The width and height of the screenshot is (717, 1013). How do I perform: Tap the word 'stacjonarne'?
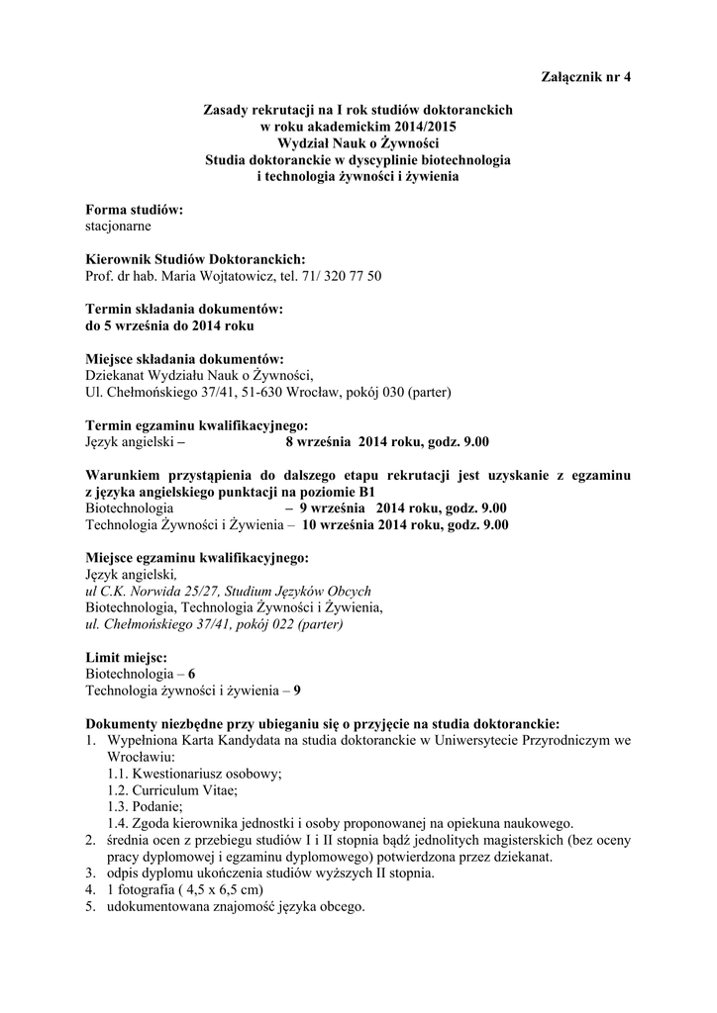[118, 226]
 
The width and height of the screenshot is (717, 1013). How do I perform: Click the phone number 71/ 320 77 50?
[340, 275]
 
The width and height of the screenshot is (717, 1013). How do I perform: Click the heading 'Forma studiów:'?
[135, 210]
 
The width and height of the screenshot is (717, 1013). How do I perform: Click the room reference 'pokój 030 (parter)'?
[396, 391]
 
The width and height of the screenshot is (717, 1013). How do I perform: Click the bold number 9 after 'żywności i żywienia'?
[297, 691]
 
